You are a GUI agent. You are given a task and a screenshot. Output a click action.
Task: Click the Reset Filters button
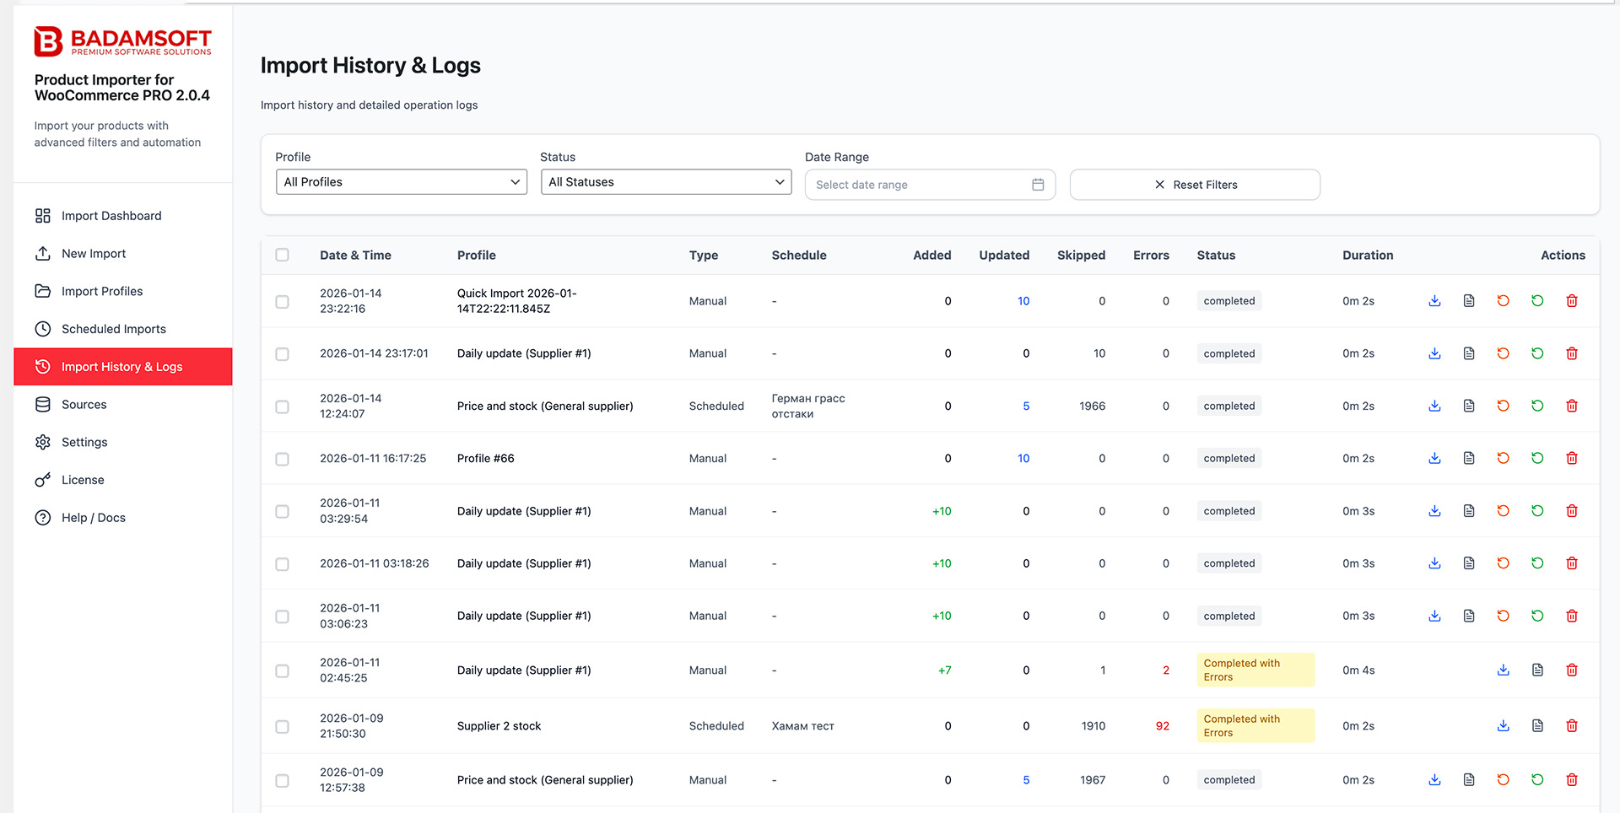(1195, 185)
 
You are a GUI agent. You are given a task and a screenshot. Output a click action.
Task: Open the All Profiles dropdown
(402, 182)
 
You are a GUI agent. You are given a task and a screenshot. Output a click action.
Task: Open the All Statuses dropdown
(666, 182)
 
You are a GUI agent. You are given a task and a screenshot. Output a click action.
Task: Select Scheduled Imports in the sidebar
(113, 329)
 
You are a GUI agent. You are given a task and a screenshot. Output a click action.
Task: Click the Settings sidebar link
(84, 442)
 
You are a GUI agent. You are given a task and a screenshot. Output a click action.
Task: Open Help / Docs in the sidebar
(93, 518)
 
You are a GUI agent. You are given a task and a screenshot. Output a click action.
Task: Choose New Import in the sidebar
(94, 254)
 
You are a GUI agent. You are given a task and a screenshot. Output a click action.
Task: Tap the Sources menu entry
(84, 405)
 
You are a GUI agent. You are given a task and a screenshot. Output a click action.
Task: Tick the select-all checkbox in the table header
(283, 255)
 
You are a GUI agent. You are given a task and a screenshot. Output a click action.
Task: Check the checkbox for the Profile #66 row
(283, 459)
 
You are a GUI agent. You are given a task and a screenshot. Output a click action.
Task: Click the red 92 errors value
(1162, 726)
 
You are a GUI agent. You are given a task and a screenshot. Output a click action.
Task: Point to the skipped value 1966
(1092, 406)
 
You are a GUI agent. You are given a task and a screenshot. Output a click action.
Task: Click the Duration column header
(1368, 256)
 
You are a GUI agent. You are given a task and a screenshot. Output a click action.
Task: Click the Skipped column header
(1081, 256)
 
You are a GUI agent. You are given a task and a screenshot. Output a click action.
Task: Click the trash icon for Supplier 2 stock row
(1572, 726)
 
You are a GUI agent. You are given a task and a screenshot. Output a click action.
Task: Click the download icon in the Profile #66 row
(1434, 459)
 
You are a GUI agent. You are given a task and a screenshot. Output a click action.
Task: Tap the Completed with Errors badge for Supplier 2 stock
(1255, 726)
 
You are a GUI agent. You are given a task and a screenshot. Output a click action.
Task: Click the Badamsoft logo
(122, 41)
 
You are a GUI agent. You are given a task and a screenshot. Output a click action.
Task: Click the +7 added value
(944, 670)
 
